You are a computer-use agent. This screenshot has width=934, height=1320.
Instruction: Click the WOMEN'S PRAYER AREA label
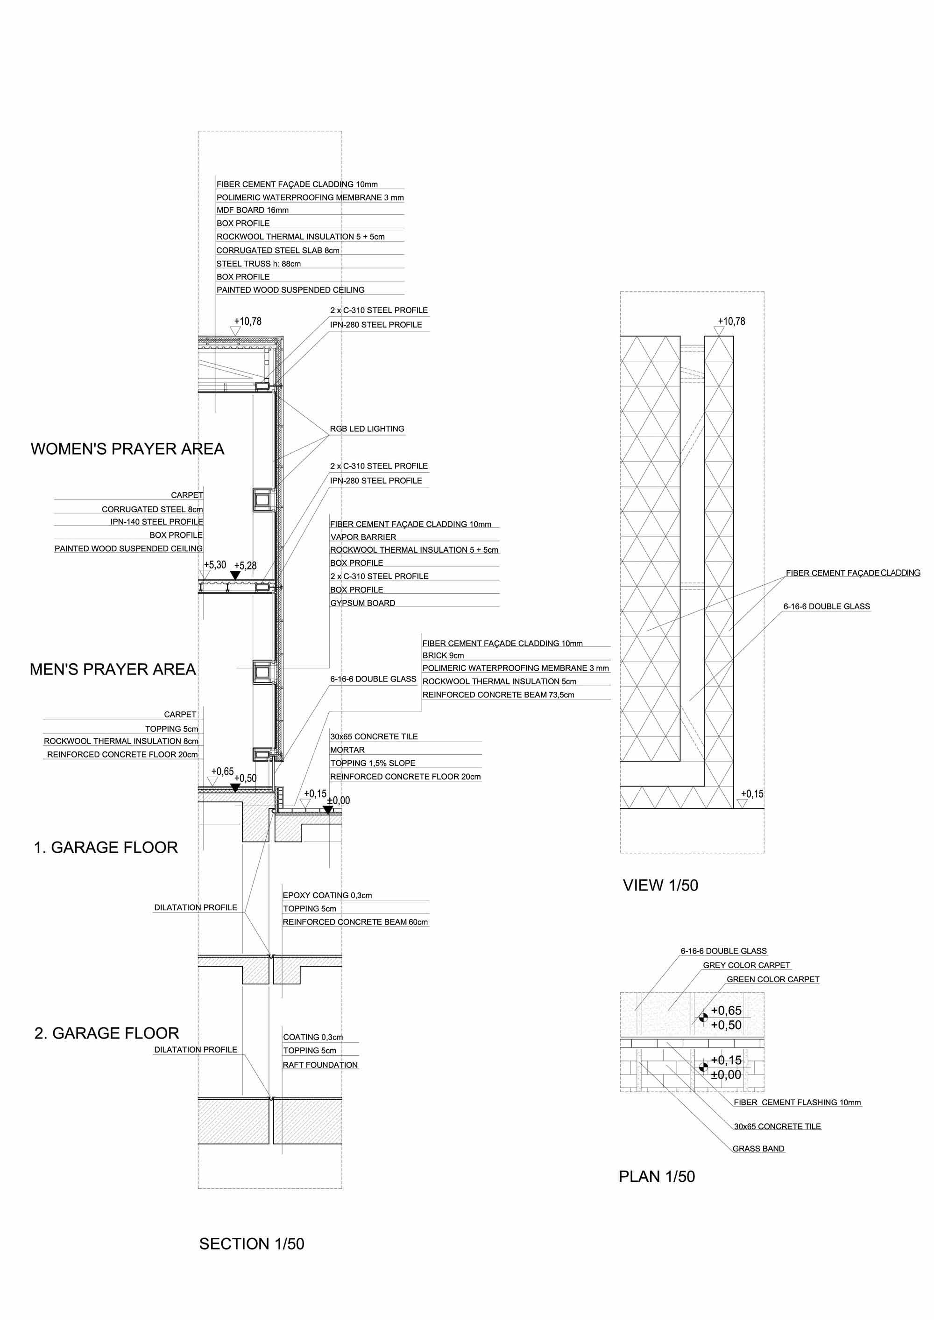tap(127, 449)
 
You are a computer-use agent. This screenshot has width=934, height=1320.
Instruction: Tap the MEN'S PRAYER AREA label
tap(113, 669)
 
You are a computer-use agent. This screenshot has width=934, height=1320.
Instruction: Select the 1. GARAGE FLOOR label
tap(106, 848)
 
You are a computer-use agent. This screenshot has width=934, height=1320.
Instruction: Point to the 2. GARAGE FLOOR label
tap(106, 1033)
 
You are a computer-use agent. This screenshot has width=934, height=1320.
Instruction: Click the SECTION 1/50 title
tap(251, 1244)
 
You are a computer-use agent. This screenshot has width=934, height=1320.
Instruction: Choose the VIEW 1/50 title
tap(660, 885)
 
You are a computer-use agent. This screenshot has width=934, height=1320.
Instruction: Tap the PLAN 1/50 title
tap(657, 1177)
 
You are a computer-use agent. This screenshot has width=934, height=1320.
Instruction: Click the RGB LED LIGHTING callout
tap(367, 429)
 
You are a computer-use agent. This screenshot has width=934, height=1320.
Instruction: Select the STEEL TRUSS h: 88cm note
tap(258, 264)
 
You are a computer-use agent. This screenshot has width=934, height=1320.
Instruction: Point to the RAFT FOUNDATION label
tap(320, 1065)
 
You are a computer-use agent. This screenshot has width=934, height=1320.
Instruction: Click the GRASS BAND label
tap(758, 1149)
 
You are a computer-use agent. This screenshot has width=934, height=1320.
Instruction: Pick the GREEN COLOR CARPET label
tap(773, 979)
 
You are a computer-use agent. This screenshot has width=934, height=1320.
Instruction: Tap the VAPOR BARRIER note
tap(363, 537)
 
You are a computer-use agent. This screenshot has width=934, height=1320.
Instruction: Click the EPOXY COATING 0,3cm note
tap(327, 895)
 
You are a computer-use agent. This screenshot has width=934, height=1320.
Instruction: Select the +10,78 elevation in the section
tap(248, 322)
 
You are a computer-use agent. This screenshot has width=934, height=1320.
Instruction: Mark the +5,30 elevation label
tap(215, 565)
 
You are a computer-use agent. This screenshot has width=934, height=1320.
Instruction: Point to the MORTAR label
tap(347, 750)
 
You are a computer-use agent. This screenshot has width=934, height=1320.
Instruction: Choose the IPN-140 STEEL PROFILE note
tap(156, 522)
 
